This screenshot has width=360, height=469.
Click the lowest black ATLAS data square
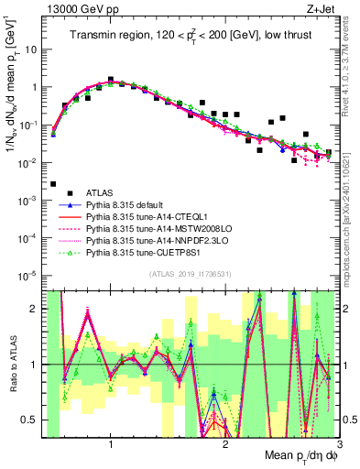click(x=54, y=184)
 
